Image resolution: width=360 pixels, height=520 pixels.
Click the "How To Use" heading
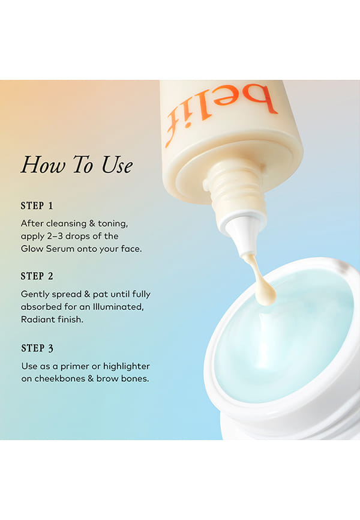coord(77,165)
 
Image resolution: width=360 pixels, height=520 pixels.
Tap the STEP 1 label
coord(37,206)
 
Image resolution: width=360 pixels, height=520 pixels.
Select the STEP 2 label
coord(37,276)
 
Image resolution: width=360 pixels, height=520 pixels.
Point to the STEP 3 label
coord(37,348)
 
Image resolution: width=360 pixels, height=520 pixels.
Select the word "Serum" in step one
coord(61,249)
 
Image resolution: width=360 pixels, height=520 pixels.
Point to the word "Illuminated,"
coord(118,307)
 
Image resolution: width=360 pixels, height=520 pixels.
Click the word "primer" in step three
coord(75,367)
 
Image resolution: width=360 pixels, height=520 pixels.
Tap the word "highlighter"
coord(126,367)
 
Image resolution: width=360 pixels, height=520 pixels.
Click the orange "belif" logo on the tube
coord(220,113)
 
